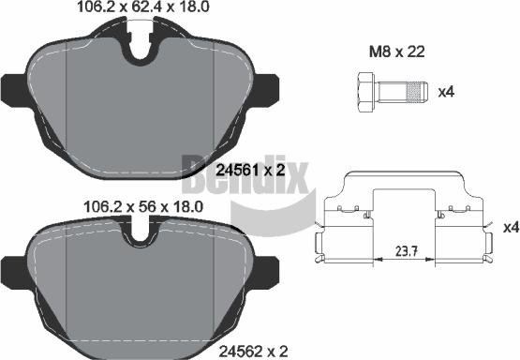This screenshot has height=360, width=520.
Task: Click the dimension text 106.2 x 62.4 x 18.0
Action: pyautogui.click(x=143, y=7)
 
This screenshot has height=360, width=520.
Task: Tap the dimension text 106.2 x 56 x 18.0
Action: pyautogui.click(x=143, y=207)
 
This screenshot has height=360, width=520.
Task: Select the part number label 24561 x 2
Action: pyautogui.click(x=250, y=171)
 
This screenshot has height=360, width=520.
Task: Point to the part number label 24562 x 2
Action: pyautogui.click(x=253, y=351)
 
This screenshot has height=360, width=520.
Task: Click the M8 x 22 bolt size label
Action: pyautogui.click(x=397, y=52)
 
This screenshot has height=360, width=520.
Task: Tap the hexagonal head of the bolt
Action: pyautogui.click(x=366, y=92)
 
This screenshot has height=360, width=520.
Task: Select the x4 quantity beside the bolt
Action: pyautogui.click(x=446, y=92)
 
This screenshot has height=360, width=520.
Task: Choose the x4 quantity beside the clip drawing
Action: pyautogui.click(x=511, y=227)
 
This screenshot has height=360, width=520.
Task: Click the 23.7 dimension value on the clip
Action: pyautogui.click(x=407, y=251)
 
